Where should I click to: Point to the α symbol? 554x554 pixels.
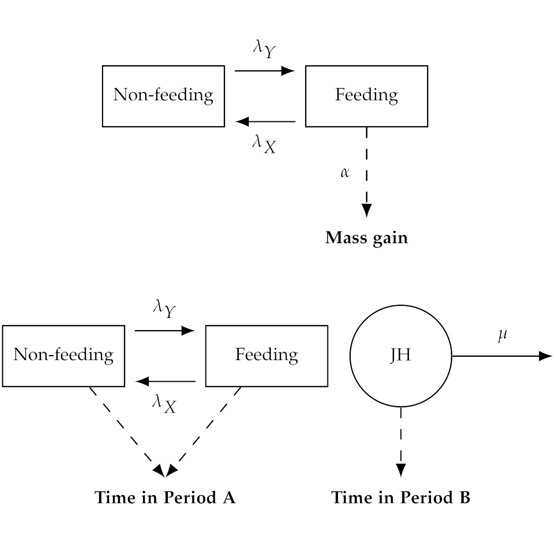click(x=345, y=172)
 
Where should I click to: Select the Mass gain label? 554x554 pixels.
click(x=366, y=238)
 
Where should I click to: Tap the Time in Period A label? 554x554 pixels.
click(x=165, y=497)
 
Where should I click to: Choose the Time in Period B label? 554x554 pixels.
click(x=401, y=497)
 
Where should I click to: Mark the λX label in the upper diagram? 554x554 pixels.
click(x=264, y=144)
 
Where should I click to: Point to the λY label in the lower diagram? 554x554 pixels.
click(x=165, y=309)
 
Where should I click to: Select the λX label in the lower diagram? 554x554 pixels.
click(x=165, y=404)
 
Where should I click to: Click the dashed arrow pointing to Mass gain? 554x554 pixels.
click(x=366, y=172)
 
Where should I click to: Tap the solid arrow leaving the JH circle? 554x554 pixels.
click(x=502, y=356)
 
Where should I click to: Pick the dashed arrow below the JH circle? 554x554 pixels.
click(x=401, y=442)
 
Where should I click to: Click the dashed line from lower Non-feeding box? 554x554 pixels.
click(x=127, y=432)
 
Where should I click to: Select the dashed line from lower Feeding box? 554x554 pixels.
click(x=203, y=432)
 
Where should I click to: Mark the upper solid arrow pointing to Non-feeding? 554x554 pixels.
click(x=265, y=121)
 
